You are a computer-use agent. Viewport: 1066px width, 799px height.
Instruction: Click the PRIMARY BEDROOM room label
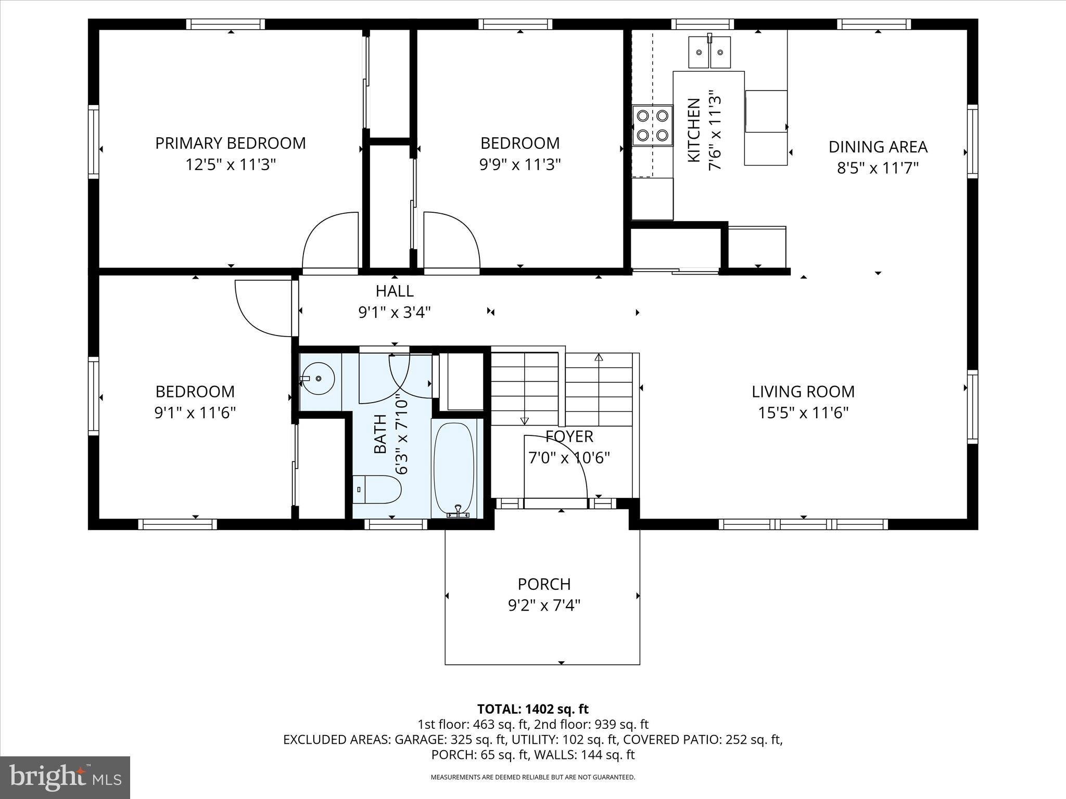tap(230, 143)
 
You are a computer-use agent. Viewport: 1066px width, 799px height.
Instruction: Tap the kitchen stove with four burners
tap(652, 125)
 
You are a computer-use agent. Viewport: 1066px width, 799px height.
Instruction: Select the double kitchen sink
tap(709, 53)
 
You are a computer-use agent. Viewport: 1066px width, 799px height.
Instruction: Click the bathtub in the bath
tap(454, 468)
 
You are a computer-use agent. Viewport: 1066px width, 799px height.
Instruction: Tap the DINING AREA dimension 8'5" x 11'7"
tap(878, 169)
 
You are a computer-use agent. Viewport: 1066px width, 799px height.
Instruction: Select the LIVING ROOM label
tap(803, 391)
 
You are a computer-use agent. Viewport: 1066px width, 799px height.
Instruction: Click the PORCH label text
tap(544, 584)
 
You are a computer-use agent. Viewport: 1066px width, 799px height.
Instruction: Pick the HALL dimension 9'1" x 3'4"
tap(395, 313)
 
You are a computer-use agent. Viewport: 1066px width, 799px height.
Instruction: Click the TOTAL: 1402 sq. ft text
tap(532, 709)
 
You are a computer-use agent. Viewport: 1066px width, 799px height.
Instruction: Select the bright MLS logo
tap(65, 777)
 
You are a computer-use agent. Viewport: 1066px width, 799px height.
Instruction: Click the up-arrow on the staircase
tap(599, 357)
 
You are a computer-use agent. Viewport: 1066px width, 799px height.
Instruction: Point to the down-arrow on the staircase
tap(524, 420)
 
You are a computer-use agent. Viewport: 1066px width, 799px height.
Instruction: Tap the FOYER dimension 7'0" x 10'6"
tap(569, 458)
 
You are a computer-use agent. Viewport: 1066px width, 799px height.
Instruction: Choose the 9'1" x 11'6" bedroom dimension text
tap(195, 413)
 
